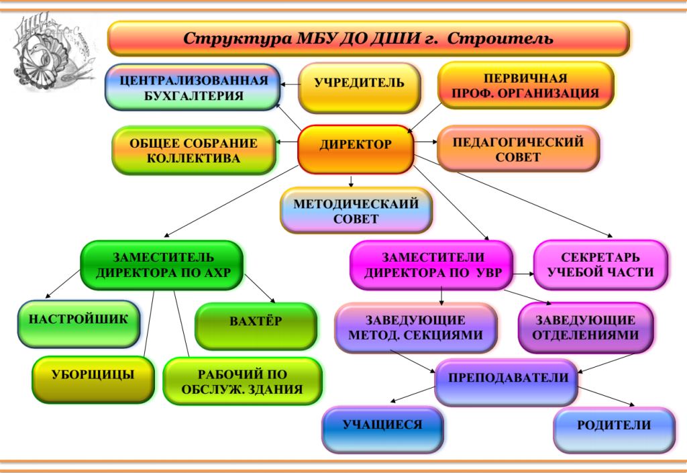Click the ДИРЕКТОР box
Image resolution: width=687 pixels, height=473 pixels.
click(356, 149)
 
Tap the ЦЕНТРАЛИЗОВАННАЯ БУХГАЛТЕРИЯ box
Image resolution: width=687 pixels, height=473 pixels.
click(193, 87)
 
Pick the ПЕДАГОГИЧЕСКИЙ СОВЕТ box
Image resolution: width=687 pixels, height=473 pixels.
click(518, 148)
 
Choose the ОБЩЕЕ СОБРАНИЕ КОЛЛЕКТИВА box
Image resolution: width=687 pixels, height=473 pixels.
click(194, 150)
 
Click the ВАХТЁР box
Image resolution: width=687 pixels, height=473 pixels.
click(256, 326)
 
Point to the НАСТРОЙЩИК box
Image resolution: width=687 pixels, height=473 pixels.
click(79, 323)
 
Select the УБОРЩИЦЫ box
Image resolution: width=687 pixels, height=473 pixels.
click(93, 379)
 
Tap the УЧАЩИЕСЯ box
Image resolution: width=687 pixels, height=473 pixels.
click(382, 429)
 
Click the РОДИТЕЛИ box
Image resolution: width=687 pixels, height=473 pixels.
click(614, 429)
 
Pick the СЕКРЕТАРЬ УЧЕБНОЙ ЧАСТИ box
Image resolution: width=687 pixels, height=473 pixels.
click(600, 264)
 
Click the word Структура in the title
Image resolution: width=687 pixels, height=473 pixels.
click(237, 38)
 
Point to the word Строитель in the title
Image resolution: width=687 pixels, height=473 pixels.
click(500, 38)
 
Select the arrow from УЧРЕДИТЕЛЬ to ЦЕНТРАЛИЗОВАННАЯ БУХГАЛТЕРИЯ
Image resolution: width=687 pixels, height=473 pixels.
click(290, 84)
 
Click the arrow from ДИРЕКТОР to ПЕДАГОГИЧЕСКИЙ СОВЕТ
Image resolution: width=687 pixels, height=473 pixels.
click(425, 142)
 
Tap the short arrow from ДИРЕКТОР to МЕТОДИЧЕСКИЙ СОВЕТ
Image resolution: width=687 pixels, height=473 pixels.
click(350, 181)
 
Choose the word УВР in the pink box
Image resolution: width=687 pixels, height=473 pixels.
click(488, 273)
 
